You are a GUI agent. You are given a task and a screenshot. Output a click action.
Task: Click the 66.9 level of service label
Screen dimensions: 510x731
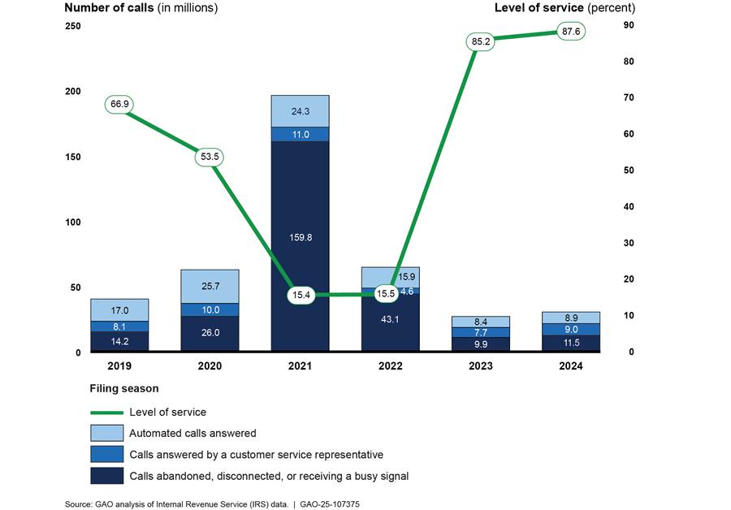(119, 104)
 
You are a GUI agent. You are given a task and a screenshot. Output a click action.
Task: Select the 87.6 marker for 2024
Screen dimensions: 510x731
(572, 32)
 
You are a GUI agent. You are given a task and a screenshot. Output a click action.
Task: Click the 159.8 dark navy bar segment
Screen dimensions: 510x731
(300, 237)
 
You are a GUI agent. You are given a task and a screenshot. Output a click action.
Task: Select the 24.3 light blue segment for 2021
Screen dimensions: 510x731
(300, 111)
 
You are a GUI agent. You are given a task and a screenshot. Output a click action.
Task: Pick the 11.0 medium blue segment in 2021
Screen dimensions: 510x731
(300, 134)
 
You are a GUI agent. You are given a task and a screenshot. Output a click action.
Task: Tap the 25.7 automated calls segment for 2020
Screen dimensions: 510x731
(210, 287)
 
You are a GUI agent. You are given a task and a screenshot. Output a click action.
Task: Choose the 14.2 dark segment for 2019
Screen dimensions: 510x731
(119, 341)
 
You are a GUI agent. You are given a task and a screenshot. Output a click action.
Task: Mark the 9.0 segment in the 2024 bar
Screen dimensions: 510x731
(572, 329)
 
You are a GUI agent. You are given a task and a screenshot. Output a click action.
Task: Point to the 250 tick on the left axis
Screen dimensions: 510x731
(73, 26)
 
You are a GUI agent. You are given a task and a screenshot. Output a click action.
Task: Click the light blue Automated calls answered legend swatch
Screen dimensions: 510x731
(110, 433)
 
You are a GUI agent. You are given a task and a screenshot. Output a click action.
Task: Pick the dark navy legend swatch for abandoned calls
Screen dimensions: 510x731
(110, 475)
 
